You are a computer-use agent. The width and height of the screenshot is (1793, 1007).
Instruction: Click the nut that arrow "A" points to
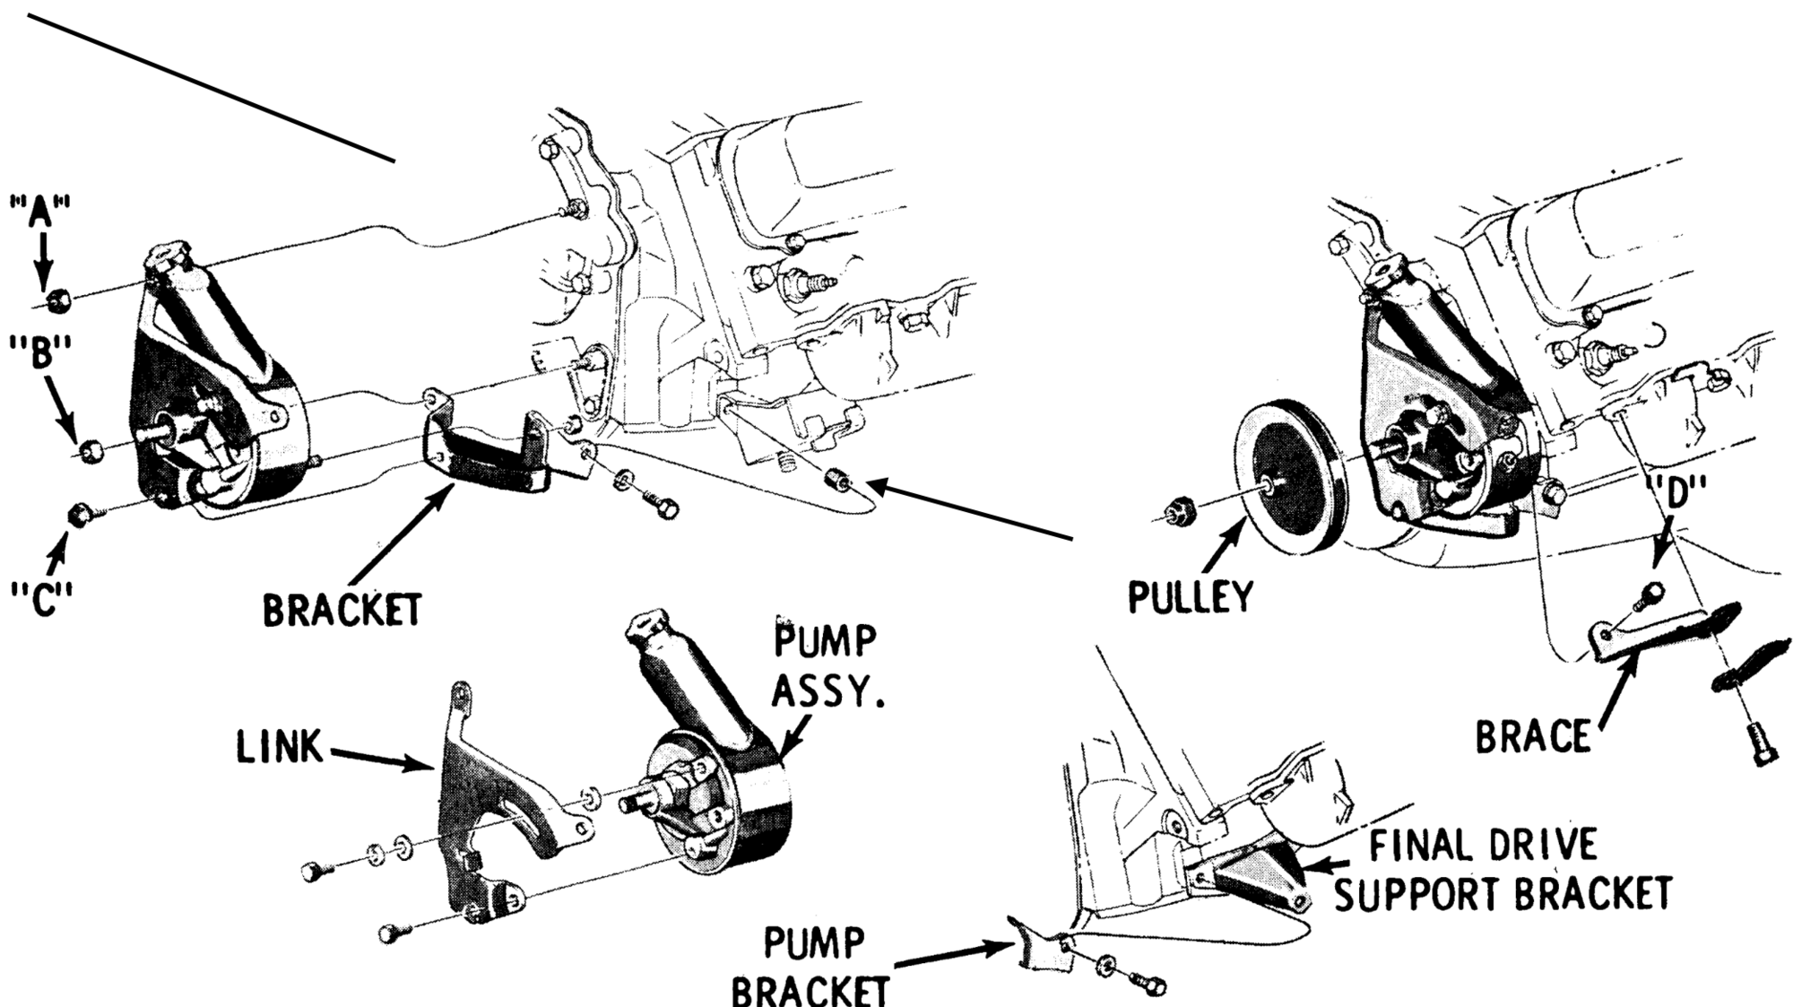(x=58, y=299)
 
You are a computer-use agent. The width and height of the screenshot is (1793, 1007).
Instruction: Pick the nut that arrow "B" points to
(x=90, y=450)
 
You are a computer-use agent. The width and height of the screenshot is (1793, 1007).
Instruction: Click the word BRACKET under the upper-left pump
(x=342, y=611)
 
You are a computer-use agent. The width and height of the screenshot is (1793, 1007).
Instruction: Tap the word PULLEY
(x=1189, y=596)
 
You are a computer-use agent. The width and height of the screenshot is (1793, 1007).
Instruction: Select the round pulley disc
(x=1288, y=483)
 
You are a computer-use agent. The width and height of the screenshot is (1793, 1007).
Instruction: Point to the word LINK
(x=280, y=747)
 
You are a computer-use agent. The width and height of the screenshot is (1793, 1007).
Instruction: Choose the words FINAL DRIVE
(x=1483, y=845)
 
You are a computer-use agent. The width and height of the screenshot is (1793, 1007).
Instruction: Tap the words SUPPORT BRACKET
(x=1503, y=894)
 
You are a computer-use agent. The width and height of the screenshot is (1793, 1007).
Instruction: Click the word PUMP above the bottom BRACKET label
(x=814, y=943)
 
